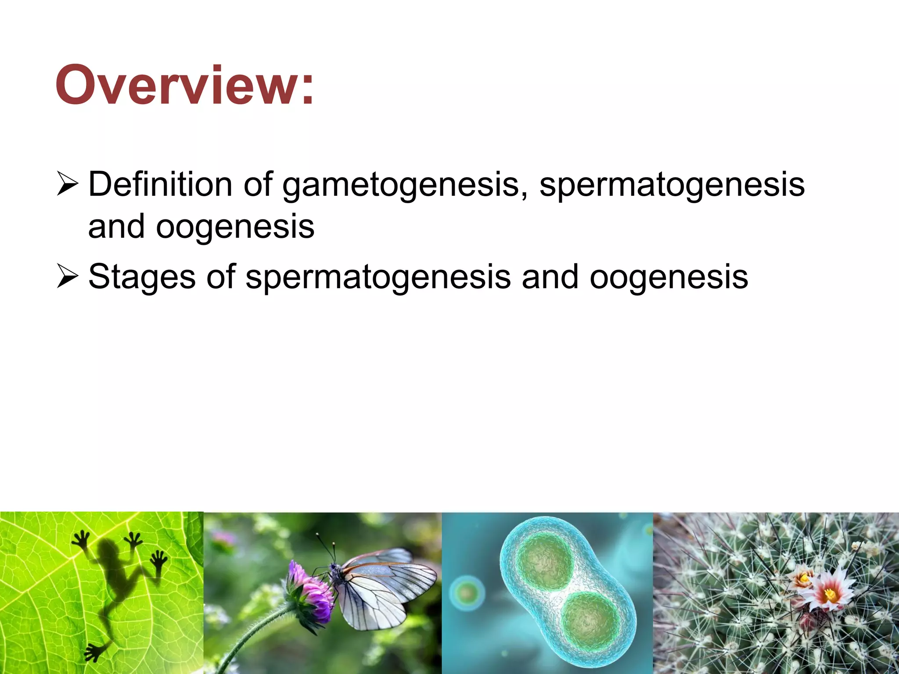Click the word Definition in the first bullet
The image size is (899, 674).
pyautogui.click(x=160, y=184)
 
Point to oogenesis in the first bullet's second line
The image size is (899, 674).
pyautogui.click(x=235, y=227)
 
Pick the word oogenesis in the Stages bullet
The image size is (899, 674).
pyautogui.click(x=669, y=277)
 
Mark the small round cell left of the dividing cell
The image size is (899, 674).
pyautogui.click(x=467, y=593)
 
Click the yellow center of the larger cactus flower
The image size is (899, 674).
pyautogui.click(x=830, y=595)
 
